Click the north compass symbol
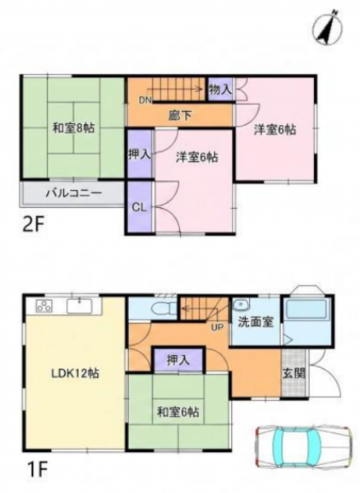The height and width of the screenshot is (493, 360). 327,27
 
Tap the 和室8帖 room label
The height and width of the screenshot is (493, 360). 73,128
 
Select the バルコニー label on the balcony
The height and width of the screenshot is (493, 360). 74,193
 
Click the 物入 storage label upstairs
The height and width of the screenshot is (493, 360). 220,90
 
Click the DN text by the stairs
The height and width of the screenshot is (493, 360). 145,100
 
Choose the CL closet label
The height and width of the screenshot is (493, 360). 139,208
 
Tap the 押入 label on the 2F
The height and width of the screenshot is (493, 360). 140,154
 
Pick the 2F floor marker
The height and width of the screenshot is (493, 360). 33,225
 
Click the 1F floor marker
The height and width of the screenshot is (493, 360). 35,470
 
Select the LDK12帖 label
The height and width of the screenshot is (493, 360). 75,373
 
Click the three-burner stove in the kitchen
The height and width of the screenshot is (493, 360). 44,306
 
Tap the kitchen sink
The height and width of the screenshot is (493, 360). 79,306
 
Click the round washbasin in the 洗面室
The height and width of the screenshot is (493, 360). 242,305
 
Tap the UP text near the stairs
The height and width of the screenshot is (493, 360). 217,328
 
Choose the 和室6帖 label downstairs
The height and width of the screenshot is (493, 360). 178,412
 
